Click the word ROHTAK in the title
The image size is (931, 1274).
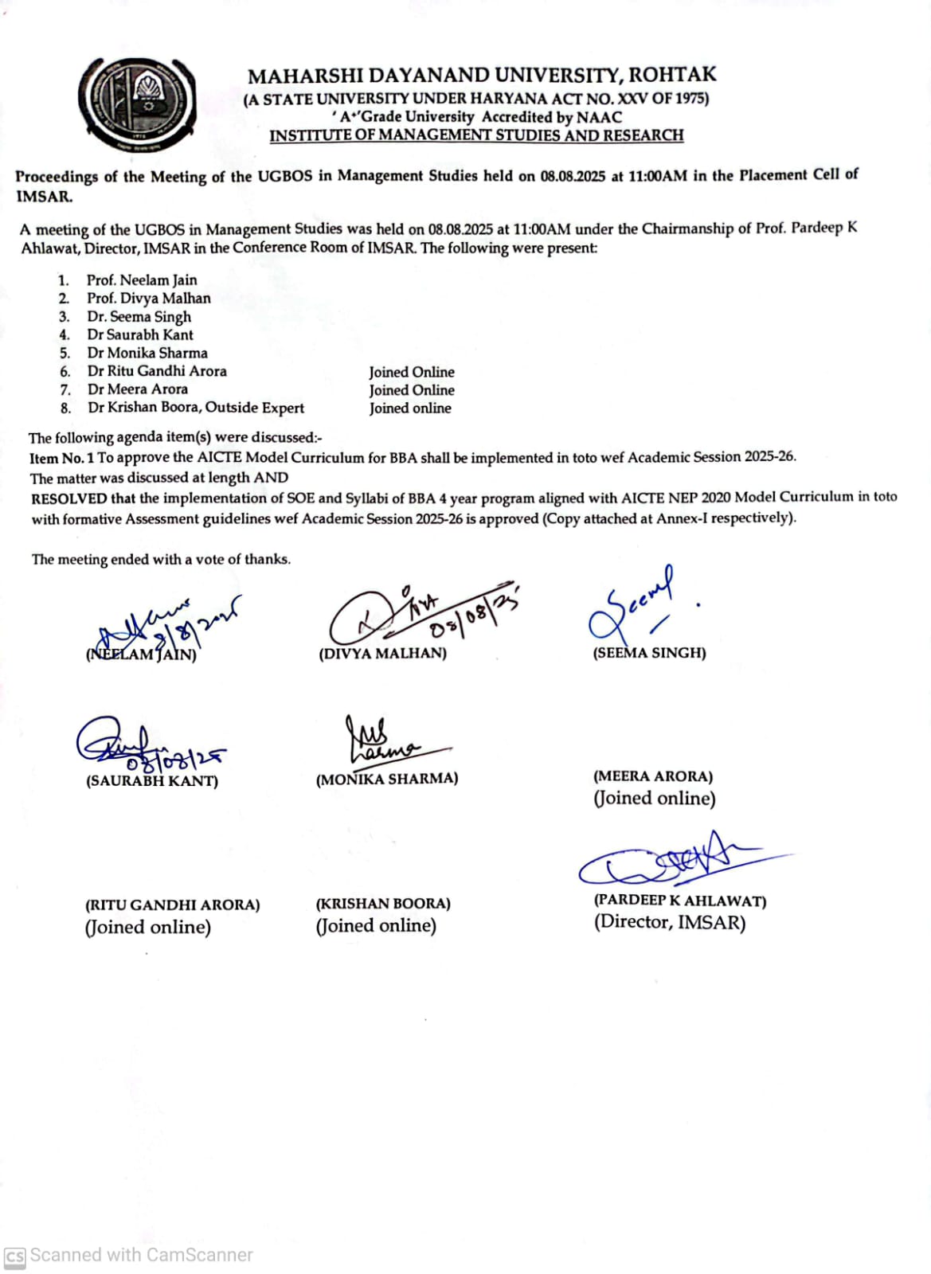(x=672, y=75)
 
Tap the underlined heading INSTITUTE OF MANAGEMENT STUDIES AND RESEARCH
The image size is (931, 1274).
(x=476, y=135)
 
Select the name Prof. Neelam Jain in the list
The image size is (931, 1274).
(x=142, y=279)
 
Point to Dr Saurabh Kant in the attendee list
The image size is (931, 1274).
(x=140, y=334)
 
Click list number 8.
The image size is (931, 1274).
(x=65, y=408)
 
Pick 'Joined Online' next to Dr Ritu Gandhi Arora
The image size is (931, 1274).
(x=411, y=372)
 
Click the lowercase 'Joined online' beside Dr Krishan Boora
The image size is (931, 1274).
(x=409, y=408)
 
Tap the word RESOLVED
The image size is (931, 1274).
(x=69, y=499)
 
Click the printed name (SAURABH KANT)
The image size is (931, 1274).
(x=152, y=781)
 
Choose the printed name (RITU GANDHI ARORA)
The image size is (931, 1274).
(x=173, y=905)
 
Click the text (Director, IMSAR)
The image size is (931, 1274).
(x=669, y=923)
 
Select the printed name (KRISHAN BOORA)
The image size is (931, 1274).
(x=383, y=905)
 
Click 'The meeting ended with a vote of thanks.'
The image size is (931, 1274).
(x=161, y=560)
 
